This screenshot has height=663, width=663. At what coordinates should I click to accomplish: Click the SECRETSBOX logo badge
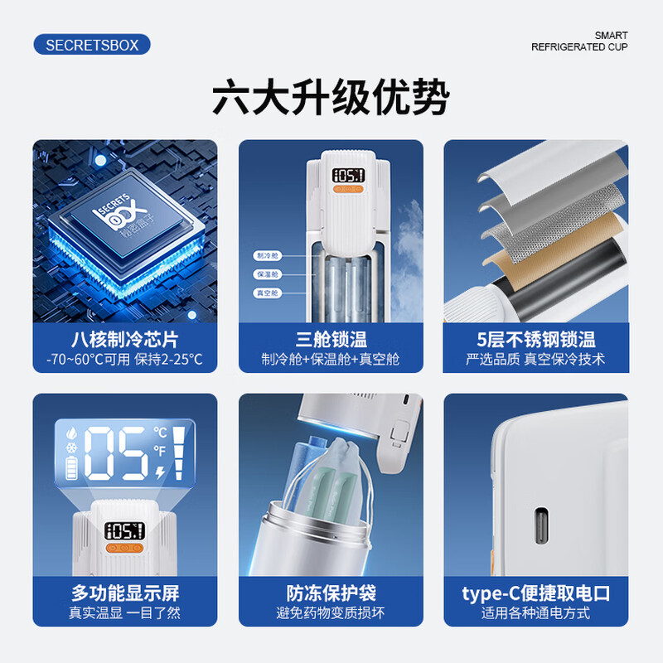pyautogui.click(x=92, y=45)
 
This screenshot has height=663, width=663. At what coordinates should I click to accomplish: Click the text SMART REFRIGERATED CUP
pyautogui.click(x=579, y=41)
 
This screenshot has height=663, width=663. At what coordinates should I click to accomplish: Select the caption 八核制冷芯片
pyautogui.click(x=124, y=339)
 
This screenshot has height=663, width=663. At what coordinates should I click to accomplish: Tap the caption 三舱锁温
pyautogui.click(x=331, y=339)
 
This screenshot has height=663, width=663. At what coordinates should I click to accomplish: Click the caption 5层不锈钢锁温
pyautogui.click(x=536, y=339)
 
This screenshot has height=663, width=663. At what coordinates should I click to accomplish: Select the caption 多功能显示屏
pyautogui.click(x=124, y=593)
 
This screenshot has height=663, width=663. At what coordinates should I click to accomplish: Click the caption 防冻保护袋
pyautogui.click(x=331, y=593)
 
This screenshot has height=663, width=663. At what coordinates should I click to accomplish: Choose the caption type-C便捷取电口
pyautogui.click(x=536, y=593)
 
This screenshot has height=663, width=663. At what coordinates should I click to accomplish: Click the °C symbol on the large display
pyautogui.click(x=161, y=433)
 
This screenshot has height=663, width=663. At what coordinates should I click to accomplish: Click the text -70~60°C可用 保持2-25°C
pyautogui.click(x=124, y=361)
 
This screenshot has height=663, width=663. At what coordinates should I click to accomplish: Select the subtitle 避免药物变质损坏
pyautogui.click(x=331, y=613)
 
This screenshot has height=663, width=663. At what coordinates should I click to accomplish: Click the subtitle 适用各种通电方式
pyautogui.click(x=536, y=613)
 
